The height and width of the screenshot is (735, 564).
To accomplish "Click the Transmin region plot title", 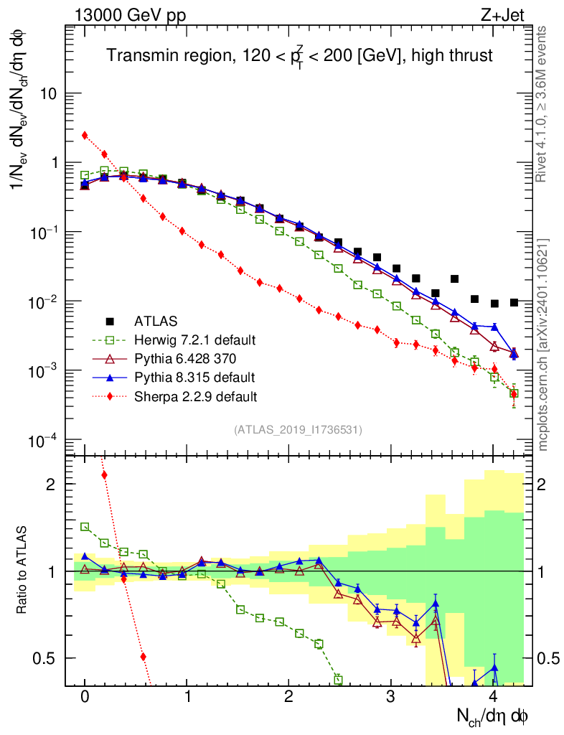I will (299, 56).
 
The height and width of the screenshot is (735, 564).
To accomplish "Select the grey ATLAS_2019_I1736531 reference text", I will (298, 430).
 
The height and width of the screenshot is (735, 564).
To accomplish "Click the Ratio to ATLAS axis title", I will (22, 570).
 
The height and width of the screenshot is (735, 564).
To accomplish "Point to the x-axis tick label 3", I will (391, 697).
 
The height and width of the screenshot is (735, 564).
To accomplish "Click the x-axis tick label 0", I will (85, 697).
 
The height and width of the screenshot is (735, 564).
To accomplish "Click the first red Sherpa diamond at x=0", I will (85, 135).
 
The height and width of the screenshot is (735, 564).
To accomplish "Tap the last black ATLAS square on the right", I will (514, 302).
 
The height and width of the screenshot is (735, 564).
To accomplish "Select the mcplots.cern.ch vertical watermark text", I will (543, 345).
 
